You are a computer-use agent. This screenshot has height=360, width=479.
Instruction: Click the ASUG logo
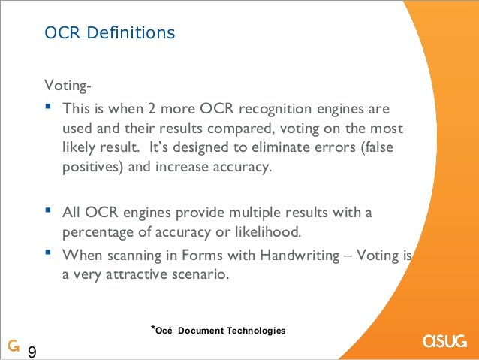446,340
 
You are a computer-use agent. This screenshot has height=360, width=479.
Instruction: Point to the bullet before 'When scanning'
49,254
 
